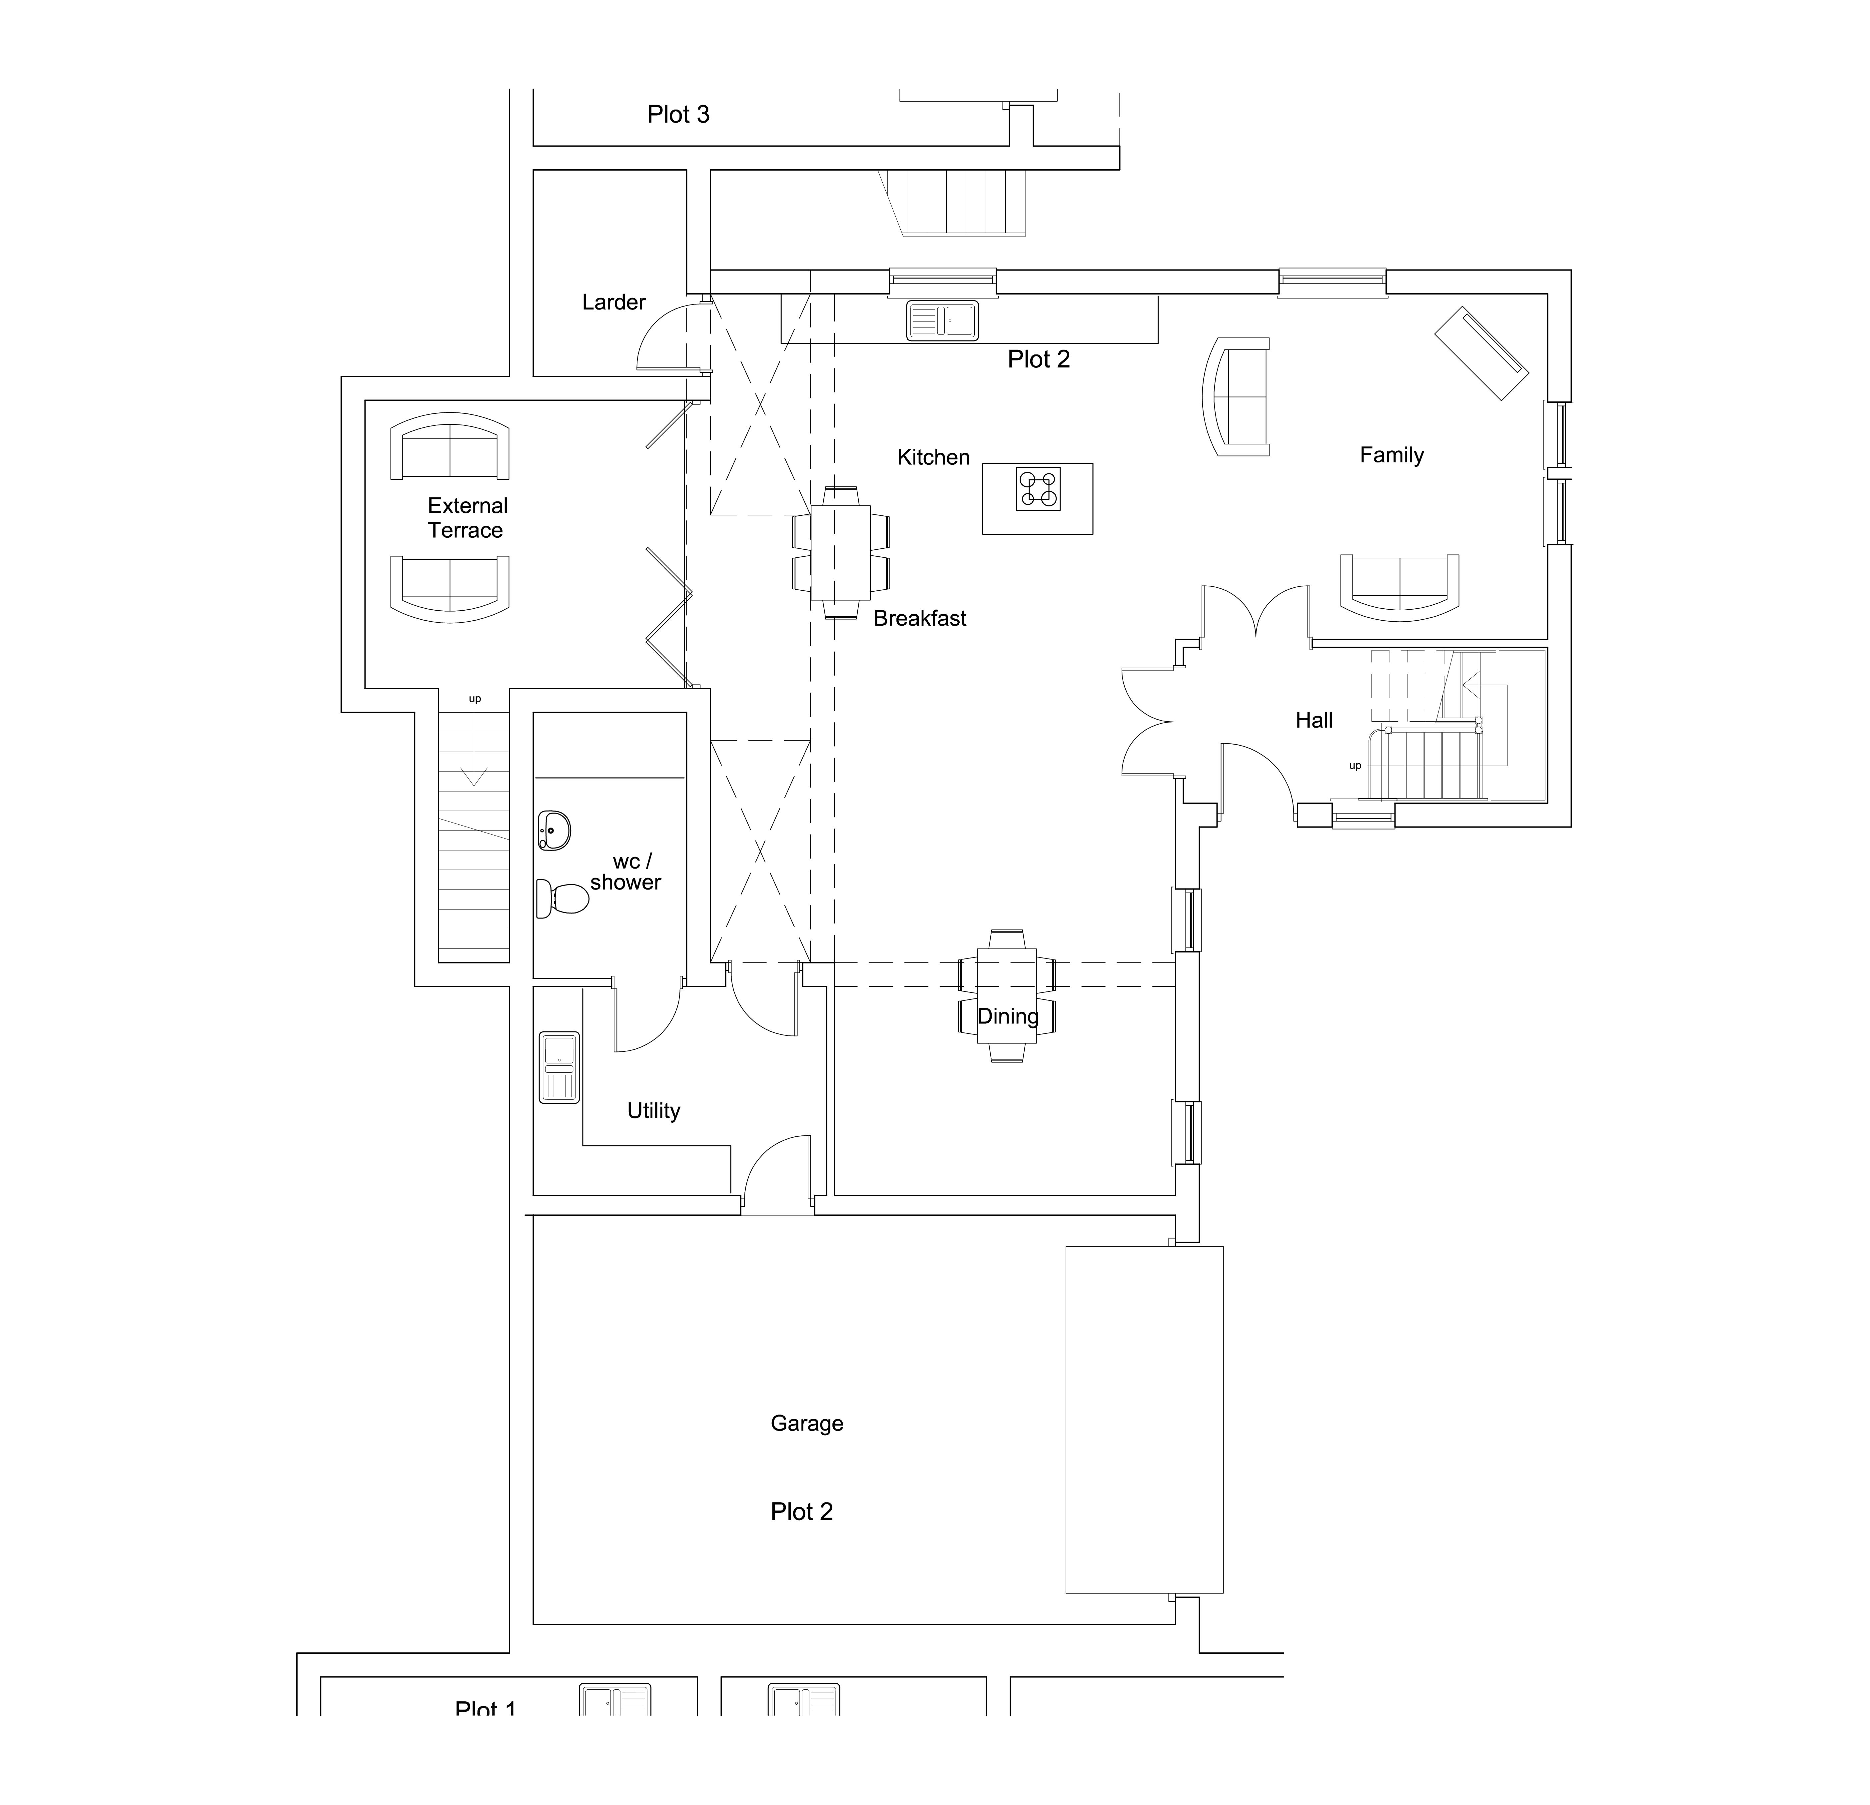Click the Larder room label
[613, 302]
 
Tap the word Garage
[806, 1424]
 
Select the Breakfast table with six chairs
[841, 552]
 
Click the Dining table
[1007, 995]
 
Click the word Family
[1391, 455]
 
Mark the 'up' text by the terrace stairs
[474, 699]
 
